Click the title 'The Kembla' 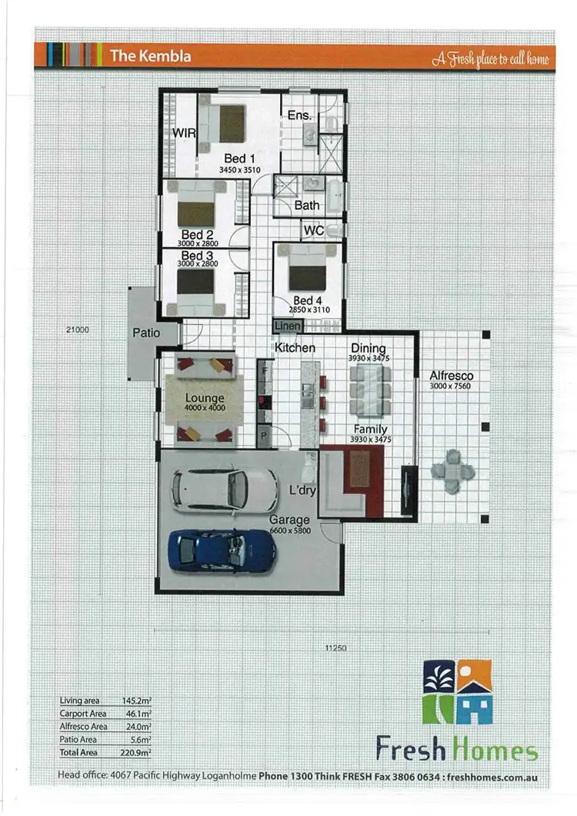point(150,55)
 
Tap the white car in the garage point(224,490)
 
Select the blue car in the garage point(221,550)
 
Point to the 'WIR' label point(185,133)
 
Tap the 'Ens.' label point(299,115)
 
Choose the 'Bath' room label point(307,206)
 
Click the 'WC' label point(313,230)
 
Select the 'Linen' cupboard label point(287,326)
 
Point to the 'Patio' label point(146,333)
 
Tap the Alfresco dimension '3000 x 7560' point(451,386)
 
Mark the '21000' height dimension point(78,329)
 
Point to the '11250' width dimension point(335,648)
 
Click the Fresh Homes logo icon point(458,692)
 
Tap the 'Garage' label point(289,520)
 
